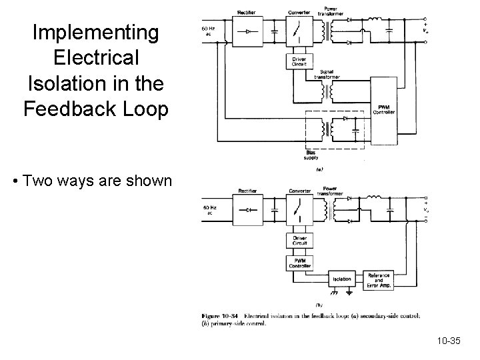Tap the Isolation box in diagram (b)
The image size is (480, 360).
(x=342, y=280)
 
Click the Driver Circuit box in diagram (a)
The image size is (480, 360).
(x=299, y=62)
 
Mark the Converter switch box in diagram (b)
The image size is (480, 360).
(x=299, y=210)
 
